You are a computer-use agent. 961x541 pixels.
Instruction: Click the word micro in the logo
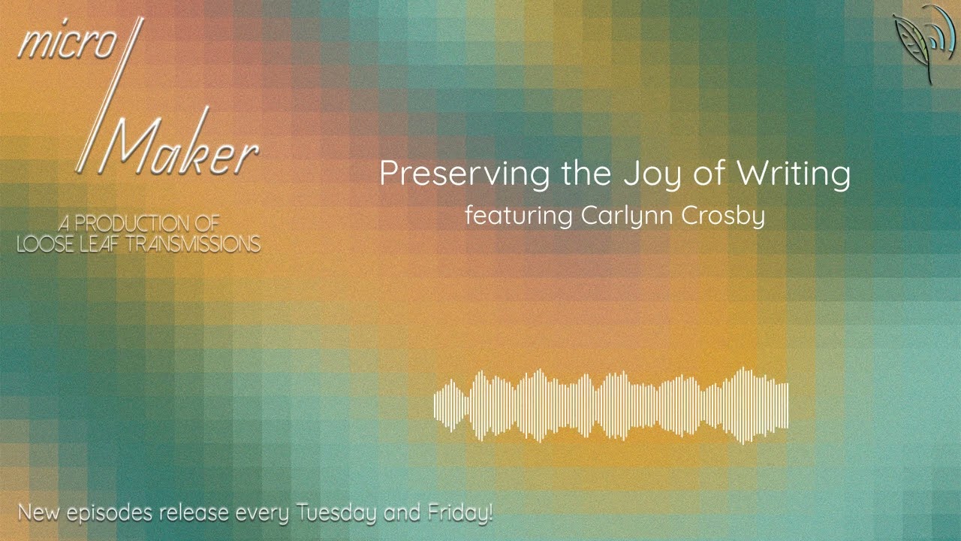click(x=66, y=45)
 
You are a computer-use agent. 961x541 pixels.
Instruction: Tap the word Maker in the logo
click(x=183, y=150)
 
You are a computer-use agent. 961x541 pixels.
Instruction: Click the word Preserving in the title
click(x=465, y=174)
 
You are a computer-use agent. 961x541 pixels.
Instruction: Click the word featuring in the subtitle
click(x=519, y=216)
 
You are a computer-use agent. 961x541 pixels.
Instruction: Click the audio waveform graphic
click(x=611, y=405)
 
